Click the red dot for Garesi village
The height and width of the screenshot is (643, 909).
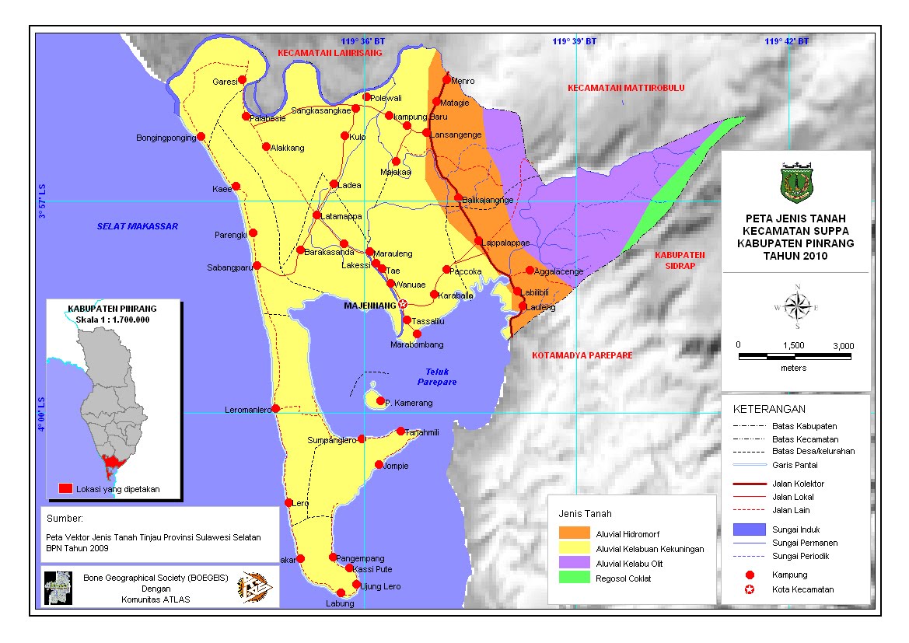point(242,80)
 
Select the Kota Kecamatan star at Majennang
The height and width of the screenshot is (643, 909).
point(403,304)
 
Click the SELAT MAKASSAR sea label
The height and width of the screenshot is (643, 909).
point(138,226)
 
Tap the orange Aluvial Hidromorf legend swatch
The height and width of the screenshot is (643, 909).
point(574,534)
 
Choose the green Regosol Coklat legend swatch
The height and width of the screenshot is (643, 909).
point(574,578)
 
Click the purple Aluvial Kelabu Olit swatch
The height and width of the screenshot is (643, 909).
point(574,563)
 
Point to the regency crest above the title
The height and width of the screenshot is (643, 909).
point(796,181)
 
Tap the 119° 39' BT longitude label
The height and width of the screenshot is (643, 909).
point(574,41)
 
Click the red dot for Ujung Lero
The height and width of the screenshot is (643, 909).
point(356,584)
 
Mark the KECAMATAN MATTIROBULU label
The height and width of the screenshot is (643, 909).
point(626,88)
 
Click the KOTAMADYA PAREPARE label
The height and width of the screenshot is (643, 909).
point(582,355)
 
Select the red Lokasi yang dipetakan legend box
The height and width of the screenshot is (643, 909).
point(66,488)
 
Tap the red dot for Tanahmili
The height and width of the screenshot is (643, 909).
point(400,431)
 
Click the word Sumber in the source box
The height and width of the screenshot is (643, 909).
point(65,518)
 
